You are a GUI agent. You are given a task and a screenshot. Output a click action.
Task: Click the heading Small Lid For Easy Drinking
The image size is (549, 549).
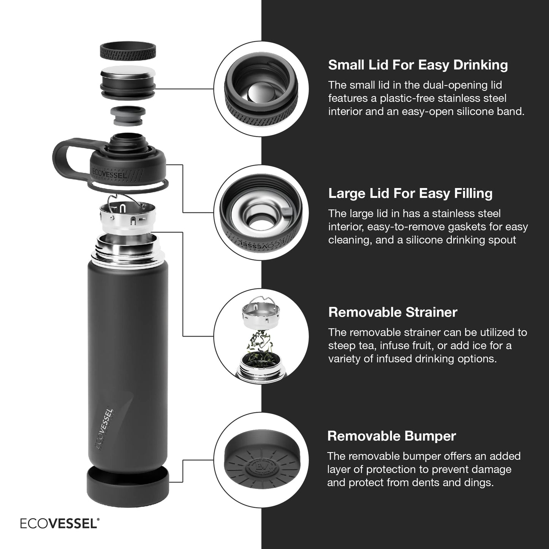click(x=418, y=65)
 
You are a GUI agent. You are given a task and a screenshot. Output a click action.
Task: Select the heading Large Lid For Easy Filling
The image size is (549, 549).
click(x=410, y=193)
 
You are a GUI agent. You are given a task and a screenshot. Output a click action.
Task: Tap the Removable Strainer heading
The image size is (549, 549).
click(x=392, y=312)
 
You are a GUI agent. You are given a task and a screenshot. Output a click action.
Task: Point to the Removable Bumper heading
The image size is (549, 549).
click(x=391, y=436)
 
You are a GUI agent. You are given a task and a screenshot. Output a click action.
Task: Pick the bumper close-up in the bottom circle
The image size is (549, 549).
click(x=261, y=460)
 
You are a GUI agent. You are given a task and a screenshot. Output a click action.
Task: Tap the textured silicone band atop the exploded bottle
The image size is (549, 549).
click(x=128, y=51)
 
